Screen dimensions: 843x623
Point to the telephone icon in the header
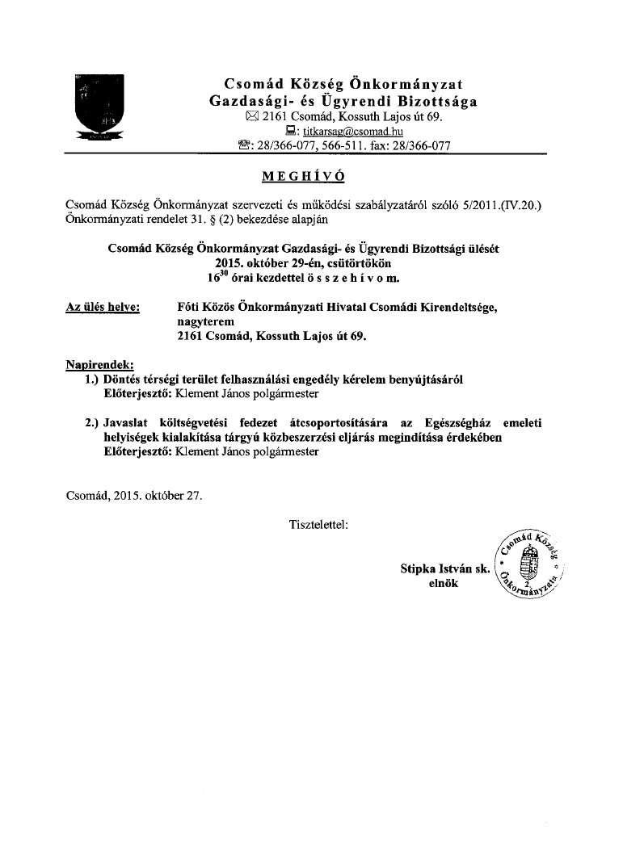pyautogui.click(x=244, y=146)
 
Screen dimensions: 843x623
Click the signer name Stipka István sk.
pyautogui.click(x=445, y=568)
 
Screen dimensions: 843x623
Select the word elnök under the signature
pyautogui.click(x=444, y=583)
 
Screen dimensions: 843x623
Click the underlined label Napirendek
pyautogui.click(x=99, y=365)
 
